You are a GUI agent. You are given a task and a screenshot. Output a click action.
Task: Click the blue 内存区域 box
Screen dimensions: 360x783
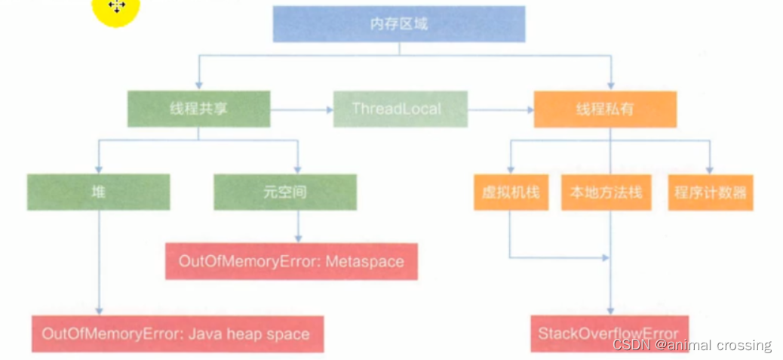398,24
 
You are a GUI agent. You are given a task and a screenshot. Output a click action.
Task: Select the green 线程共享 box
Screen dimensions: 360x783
198,109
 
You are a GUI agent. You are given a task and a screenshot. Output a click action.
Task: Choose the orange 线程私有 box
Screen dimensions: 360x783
604,109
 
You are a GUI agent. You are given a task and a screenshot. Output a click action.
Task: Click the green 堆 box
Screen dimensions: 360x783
98,192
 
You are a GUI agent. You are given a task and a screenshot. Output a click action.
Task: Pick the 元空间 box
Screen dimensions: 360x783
284,192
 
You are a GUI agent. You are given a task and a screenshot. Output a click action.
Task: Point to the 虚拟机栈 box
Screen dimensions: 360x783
511,192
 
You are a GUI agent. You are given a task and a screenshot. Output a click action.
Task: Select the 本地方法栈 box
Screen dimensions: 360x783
606,192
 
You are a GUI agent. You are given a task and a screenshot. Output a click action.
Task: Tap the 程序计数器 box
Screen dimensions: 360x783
710,192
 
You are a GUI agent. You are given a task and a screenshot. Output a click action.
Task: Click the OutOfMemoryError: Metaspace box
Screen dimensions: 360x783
291,262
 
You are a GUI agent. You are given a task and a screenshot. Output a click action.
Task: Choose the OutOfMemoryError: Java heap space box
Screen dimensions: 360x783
177,334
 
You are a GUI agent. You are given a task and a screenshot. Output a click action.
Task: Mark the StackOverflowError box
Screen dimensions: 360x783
608,334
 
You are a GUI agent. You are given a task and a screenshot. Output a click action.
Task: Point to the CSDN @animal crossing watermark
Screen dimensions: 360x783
692,346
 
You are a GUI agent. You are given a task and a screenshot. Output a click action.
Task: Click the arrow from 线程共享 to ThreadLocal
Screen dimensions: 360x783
302,110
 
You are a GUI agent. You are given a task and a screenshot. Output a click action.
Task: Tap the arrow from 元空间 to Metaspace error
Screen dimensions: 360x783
300,226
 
